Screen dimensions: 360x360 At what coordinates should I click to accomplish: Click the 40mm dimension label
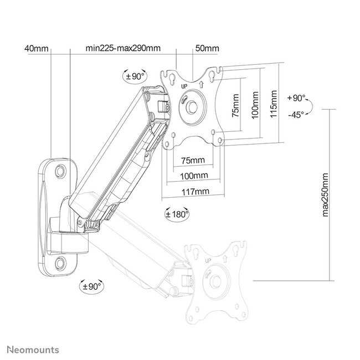click(x=37, y=49)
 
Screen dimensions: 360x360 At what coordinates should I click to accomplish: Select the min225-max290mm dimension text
click(x=123, y=49)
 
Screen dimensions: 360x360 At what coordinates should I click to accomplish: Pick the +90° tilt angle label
click(x=297, y=98)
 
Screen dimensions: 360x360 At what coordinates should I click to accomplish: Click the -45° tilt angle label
click(x=297, y=115)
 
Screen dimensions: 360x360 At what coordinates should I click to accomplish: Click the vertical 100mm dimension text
click(x=254, y=105)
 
